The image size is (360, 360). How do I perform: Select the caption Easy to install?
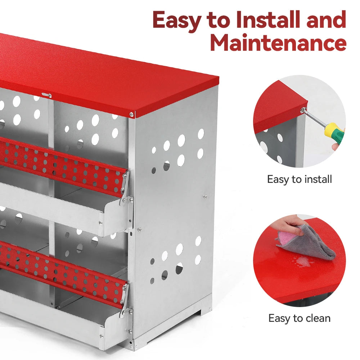click(299, 179)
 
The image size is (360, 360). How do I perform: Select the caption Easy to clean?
click(299, 318)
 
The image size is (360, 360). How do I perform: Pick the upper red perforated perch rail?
click(61, 166)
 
